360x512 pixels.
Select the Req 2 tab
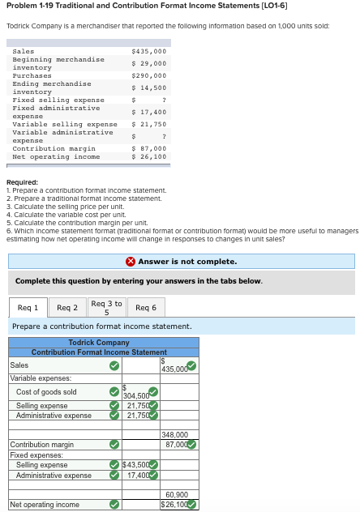coord(67,308)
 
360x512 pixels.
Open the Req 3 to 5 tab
coord(106,308)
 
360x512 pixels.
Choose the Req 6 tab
coord(146,308)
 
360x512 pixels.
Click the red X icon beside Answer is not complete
coord(131,261)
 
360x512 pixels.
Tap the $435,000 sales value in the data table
coord(149,51)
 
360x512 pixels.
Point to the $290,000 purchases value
coord(149,75)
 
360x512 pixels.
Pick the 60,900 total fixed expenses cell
coord(177,494)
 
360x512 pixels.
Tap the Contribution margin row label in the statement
coord(41,445)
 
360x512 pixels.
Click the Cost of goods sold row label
coord(46,392)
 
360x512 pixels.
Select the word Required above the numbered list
coord(22,182)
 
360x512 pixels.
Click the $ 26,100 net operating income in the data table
coord(149,156)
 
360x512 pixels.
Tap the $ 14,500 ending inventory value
coord(149,87)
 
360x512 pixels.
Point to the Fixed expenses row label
coord(34,455)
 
